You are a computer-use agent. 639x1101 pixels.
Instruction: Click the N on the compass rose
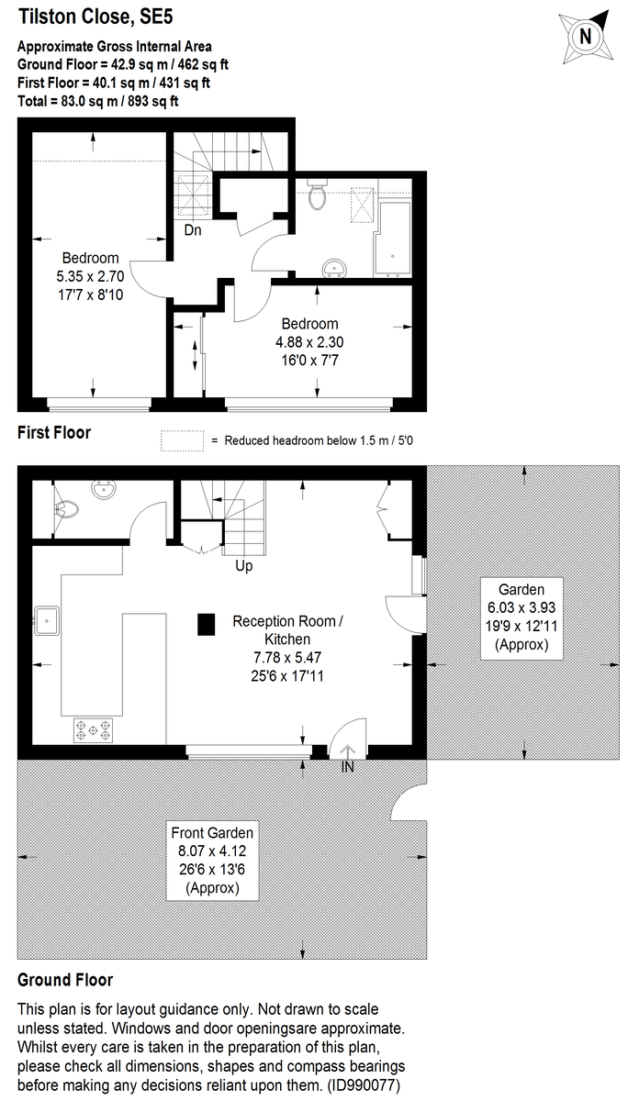pos(586,37)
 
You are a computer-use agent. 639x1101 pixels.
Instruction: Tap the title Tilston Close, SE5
pos(95,17)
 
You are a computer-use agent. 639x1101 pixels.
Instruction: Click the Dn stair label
pos(193,230)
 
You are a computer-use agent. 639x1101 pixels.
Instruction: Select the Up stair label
pos(244,566)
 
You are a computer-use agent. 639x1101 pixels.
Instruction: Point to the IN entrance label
pos(348,767)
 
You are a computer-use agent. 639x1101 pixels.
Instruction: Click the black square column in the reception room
pos(206,625)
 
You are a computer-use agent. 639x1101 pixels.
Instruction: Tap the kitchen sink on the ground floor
pos(47,621)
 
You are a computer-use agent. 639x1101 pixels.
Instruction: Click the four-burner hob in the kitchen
pos(93,730)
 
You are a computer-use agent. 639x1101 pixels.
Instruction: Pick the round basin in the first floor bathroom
pos(334,268)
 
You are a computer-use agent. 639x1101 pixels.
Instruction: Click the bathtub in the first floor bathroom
pos(393,239)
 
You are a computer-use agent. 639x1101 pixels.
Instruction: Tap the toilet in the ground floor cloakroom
pos(66,509)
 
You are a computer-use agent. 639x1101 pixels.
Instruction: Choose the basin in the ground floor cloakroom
pos(104,490)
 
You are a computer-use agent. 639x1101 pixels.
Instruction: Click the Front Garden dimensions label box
pos(212,861)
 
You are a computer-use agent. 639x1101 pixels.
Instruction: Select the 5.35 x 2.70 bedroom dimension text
pos(91,276)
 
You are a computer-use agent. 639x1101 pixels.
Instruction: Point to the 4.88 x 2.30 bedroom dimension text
pos(309,342)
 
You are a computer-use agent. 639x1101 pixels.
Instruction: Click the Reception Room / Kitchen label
pos(287,630)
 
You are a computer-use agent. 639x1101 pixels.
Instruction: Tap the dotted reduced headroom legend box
pos(182,440)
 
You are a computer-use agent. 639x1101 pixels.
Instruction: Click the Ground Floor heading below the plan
pos(65,980)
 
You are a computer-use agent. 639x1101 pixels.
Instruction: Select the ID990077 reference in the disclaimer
pos(364,1084)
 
